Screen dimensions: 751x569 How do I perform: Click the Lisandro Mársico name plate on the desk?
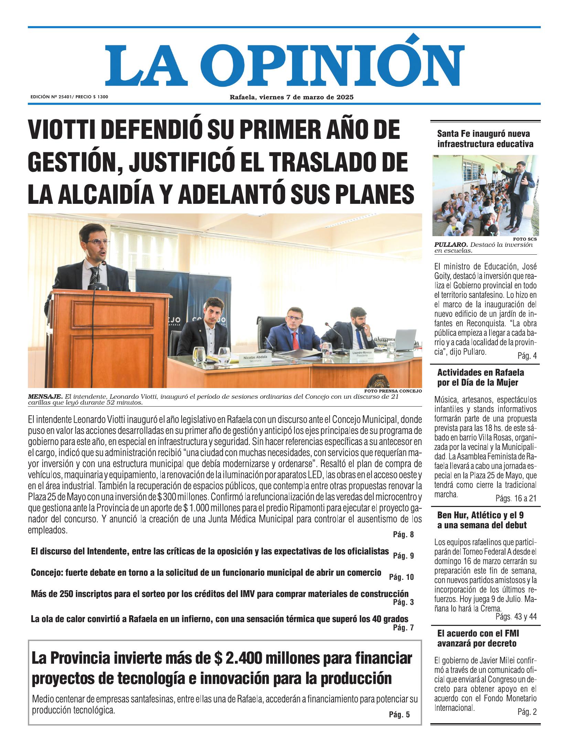pos(363,354)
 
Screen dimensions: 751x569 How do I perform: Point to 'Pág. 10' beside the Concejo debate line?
pos(401,577)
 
